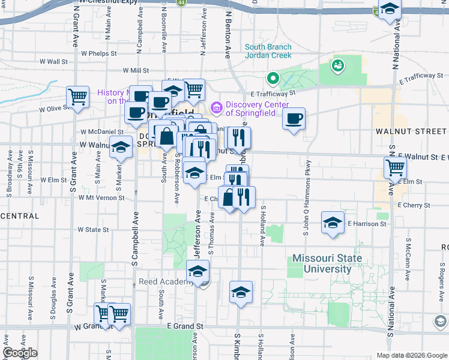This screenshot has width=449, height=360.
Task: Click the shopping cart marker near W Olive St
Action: (78, 96)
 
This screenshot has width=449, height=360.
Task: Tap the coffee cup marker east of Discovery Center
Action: (294, 119)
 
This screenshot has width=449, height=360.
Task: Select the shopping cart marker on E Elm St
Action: (395, 167)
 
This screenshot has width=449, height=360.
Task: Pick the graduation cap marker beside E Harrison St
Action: (333, 223)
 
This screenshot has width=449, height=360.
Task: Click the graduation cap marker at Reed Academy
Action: (198, 271)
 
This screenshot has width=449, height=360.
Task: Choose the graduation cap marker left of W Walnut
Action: (121, 146)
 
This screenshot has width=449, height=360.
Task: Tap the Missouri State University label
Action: (327, 263)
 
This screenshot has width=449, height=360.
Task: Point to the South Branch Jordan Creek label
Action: (268, 51)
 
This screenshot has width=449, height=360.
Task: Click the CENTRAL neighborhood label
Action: (20, 215)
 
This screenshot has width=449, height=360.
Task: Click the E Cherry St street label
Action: (414, 205)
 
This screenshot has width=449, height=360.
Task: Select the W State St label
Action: (93, 229)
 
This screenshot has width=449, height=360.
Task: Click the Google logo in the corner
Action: (20, 353)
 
